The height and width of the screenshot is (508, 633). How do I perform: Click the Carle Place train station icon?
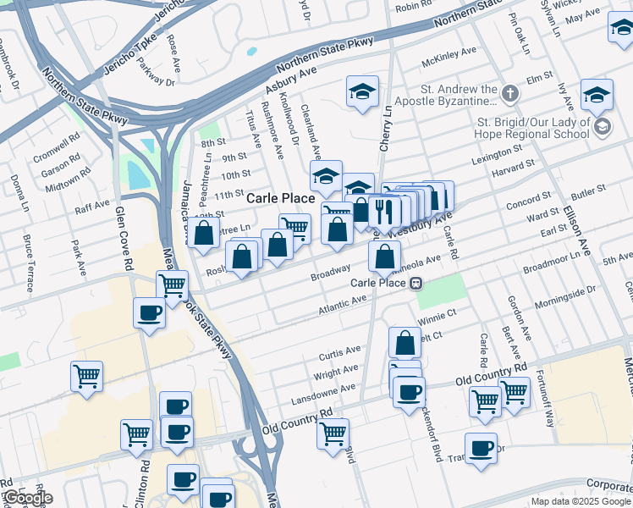pos(416,284)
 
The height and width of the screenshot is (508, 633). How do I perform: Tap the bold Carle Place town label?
pos(281,198)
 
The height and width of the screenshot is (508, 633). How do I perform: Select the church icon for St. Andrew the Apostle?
pos(510,92)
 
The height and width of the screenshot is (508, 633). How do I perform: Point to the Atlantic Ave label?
pos(342,303)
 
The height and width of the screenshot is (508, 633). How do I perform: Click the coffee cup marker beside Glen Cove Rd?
pos(150,313)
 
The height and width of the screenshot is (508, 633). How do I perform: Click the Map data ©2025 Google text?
pos(581,501)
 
